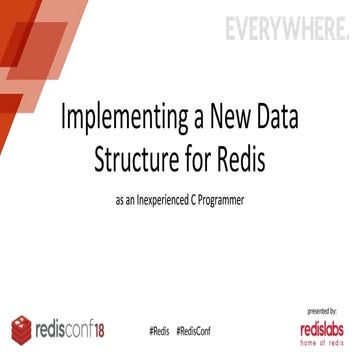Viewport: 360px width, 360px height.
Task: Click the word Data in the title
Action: pyautogui.click(x=285, y=117)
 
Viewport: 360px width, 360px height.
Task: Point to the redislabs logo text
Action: pyautogui.click(x=321, y=327)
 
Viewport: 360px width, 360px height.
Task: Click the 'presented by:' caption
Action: pyautogui.click(x=321, y=312)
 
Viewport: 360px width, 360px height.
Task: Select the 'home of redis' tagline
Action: pyautogui.click(x=321, y=343)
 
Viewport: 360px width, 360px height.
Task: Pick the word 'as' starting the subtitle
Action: pyautogui.click(x=123, y=200)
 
